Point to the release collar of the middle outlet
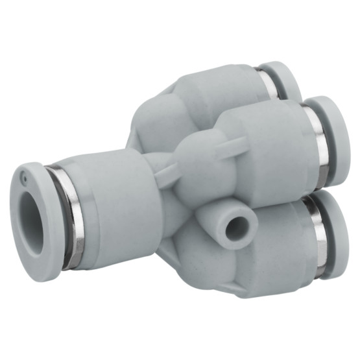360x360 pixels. [330, 139]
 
